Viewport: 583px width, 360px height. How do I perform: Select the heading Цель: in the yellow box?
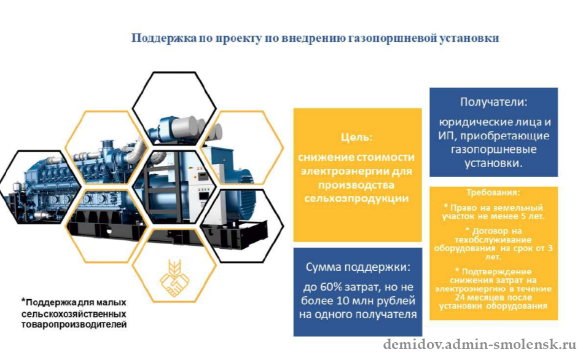pos(356,137)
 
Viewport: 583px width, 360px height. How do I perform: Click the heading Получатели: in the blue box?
pos(493,102)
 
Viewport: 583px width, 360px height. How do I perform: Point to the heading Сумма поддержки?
pos(358,267)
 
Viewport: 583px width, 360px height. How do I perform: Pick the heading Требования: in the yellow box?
pos(493,193)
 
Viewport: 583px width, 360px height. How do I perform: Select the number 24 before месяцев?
pos(460,297)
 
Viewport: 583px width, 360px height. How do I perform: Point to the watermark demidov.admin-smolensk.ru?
pos(480,345)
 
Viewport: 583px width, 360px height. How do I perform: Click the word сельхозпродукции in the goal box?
pos(356,198)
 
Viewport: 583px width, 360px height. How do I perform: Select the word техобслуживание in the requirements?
pos(493,240)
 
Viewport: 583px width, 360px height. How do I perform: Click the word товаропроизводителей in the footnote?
pos(74,324)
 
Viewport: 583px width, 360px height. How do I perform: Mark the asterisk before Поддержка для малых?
pos(23,300)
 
